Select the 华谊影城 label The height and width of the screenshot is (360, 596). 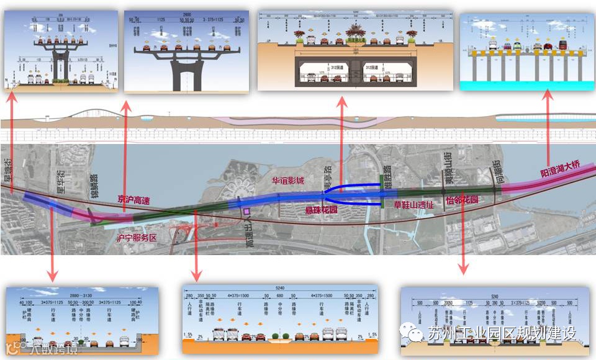click(288, 181)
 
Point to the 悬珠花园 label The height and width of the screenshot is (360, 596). click(321, 210)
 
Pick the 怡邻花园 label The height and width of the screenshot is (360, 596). click(463, 200)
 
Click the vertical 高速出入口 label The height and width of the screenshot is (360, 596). click(250, 235)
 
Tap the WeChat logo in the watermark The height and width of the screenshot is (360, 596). click(410, 333)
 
